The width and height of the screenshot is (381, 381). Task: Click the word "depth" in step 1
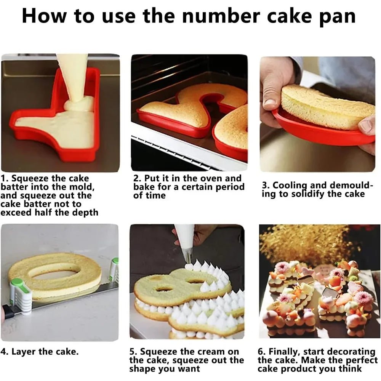85,213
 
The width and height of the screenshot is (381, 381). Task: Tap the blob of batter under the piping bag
79,105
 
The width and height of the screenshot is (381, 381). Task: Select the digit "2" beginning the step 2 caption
136,179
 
